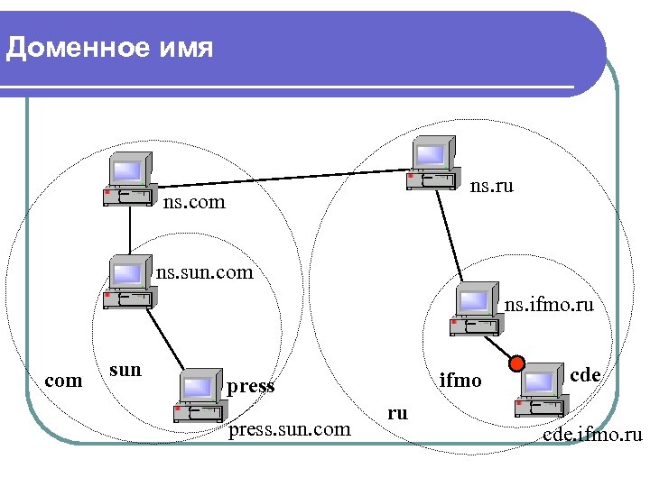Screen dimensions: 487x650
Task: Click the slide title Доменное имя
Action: [x=109, y=47]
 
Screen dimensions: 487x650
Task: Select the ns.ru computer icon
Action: [x=432, y=163]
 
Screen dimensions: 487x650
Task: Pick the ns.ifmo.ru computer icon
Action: [x=478, y=309]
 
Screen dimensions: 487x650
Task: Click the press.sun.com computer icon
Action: [x=200, y=396]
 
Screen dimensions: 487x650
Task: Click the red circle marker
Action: [x=516, y=363]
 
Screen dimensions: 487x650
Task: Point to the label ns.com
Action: [x=194, y=203]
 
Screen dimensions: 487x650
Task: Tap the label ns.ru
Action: [x=492, y=187]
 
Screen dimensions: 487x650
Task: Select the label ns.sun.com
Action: [x=204, y=271]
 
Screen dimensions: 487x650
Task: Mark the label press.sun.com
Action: [x=290, y=429]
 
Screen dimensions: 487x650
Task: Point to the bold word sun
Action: [x=125, y=369]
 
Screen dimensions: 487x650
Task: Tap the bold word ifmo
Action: [x=460, y=380]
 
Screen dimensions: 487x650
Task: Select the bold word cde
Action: [x=586, y=374]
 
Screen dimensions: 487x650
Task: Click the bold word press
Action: [x=251, y=386]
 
